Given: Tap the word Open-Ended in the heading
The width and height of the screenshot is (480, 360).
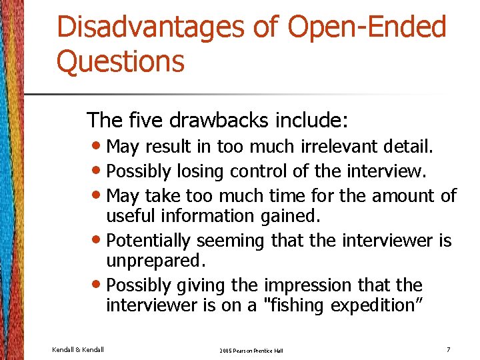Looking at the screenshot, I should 367,28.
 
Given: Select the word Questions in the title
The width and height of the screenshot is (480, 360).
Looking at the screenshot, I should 120,61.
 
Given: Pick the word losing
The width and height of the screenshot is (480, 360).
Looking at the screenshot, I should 201,171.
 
